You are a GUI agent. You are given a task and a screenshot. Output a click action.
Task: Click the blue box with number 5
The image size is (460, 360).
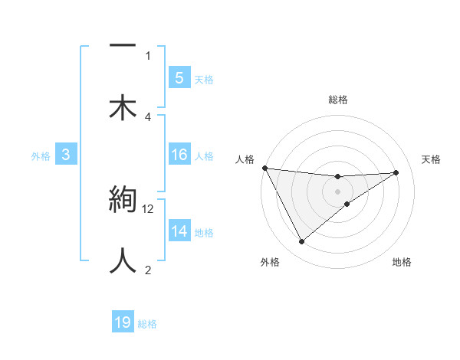pos(179,77)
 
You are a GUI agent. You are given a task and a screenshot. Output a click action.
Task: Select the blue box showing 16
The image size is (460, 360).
pos(179,155)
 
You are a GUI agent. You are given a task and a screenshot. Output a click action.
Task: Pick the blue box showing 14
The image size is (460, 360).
pos(179,231)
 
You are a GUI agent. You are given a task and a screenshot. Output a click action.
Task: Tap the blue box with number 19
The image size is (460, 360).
pos(123,322)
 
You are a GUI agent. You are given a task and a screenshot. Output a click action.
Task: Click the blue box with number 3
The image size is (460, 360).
pos(66,155)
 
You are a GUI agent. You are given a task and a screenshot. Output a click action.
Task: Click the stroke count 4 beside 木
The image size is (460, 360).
pos(148,116)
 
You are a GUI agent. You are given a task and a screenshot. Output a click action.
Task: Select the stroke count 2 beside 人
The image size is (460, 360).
pos(148,269)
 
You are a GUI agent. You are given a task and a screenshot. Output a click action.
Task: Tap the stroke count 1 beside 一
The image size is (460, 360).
pos(148,55)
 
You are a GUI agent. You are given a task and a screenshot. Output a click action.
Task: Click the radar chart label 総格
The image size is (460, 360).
pos(338,100)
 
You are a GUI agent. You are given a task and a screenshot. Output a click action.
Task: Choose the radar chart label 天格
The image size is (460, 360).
pos(431,159)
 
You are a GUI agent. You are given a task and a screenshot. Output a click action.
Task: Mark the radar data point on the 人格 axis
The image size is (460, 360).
pos(264,167)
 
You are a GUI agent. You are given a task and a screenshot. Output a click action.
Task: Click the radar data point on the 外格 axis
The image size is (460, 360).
pos(301,242)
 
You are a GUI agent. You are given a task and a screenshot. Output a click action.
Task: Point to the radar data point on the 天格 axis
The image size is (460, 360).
pos(396,172)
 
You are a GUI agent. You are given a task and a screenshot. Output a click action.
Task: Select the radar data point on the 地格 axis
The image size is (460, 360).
pos(347,204)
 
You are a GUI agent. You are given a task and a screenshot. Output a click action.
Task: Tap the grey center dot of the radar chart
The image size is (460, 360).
pos(338,191)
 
